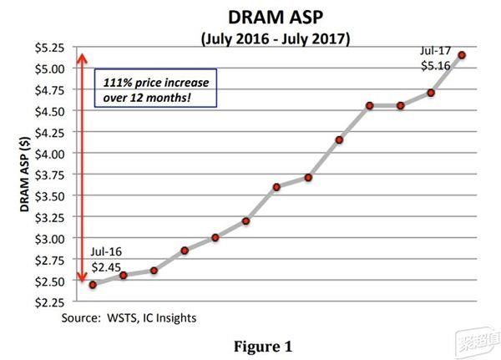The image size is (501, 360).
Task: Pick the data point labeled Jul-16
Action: [x=93, y=285]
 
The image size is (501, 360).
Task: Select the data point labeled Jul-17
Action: [x=462, y=55]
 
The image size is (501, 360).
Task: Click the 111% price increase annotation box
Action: [x=154, y=91]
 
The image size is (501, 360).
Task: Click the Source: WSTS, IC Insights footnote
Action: [x=129, y=317]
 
